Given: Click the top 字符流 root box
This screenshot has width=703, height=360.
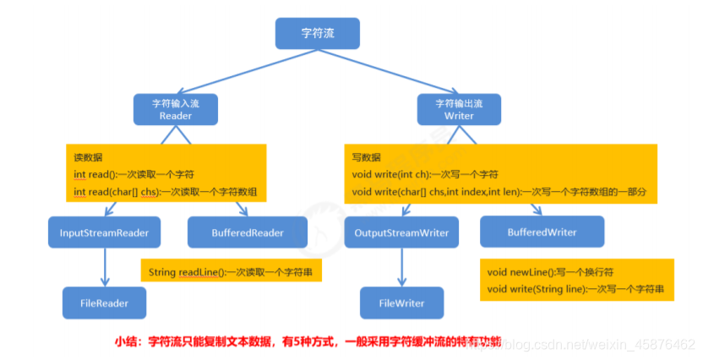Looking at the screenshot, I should click(318, 34).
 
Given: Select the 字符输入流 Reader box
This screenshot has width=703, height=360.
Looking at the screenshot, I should click(176, 109).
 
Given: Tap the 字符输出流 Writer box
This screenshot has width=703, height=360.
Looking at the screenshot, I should click(459, 109).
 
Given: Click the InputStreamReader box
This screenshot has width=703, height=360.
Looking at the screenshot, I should click(104, 232).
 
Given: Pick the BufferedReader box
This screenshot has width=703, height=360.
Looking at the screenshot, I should click(236, 232).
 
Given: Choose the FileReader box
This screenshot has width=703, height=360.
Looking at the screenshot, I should click(104, 302).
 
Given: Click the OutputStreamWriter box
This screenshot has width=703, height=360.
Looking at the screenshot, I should click(401, 232).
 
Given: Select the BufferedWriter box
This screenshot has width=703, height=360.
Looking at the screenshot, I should click(542, 232).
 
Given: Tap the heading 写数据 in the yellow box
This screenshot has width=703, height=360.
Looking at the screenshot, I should click(366, 157).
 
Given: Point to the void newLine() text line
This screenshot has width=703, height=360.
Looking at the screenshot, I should click(549, 272).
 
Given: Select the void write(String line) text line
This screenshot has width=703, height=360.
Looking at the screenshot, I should click(575, 289).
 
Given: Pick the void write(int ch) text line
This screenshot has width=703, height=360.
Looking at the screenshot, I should click(424, 175).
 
